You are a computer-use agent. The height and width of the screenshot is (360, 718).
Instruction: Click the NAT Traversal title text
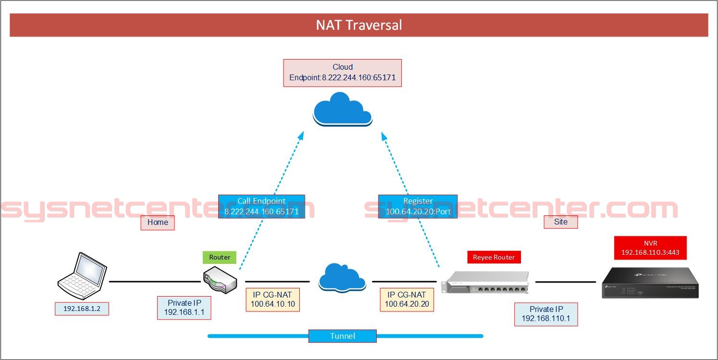pos(359,25)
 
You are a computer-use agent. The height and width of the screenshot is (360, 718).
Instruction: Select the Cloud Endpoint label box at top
pos(342,73)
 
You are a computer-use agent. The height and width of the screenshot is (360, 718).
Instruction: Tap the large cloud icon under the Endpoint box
pos(342,110)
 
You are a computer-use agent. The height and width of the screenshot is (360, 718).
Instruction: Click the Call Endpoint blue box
pos(261,206)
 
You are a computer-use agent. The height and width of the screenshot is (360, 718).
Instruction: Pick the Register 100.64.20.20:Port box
pos(418,206)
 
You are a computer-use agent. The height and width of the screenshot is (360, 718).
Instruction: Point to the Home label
pos(158,222)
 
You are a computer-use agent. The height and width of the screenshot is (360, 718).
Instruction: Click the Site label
pos(560,222)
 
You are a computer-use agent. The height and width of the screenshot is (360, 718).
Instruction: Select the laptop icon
pos(82,274)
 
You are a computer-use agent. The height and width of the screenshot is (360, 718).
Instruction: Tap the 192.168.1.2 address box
pos(82,309)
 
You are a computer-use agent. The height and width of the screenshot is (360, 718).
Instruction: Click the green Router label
pos(220,257)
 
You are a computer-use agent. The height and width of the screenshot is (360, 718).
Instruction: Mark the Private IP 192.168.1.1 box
pos(184,308)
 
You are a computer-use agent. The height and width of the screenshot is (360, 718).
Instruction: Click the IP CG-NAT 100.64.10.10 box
pos(272,299)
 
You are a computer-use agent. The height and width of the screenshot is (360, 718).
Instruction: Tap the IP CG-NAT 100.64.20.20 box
pos(407,299)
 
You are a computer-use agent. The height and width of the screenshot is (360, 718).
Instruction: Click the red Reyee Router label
pos(494,257)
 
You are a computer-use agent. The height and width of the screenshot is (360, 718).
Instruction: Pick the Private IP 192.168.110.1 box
pos(546,314)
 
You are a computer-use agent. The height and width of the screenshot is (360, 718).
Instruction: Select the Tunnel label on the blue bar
pos(342,336)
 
